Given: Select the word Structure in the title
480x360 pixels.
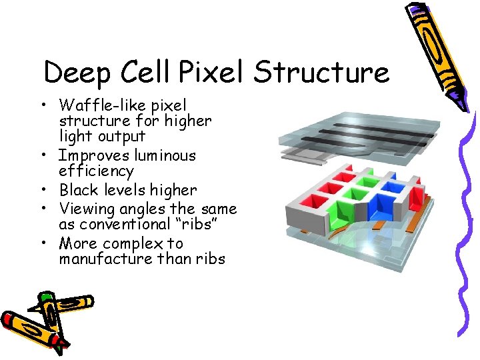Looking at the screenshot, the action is [321, 72].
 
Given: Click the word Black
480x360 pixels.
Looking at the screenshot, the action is [79, 191].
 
